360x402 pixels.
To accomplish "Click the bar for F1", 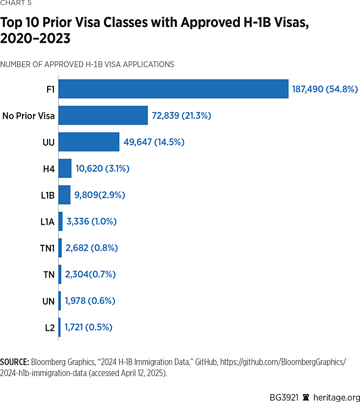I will [x=173, y=89].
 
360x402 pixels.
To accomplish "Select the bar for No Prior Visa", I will [x=103, y=116].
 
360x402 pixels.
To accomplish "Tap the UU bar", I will [x=89, y=142].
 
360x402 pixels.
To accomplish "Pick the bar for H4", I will [x=65, y=168].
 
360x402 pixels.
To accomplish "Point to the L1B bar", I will [x=64, y=195].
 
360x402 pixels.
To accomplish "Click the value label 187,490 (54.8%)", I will [x=325, y=89].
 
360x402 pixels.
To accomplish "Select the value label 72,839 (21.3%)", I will [x=182, y=116].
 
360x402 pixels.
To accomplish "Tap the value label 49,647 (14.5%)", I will [x=154, y=142].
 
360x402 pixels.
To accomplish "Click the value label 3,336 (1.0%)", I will [x=92, y=221].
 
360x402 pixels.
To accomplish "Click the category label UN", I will [x=49, y=300].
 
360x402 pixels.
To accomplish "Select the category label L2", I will [x=50, y=327].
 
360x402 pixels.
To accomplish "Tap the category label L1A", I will [x=47, y=221].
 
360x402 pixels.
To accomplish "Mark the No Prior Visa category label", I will [x=28, y=116].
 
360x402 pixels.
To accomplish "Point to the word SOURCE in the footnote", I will [x=14, y=362].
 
